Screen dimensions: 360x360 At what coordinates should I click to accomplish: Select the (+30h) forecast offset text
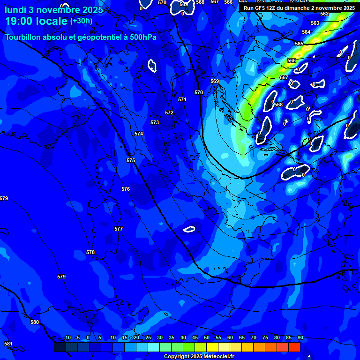tap(81, 21)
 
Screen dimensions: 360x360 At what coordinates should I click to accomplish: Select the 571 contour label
tap(182, 99)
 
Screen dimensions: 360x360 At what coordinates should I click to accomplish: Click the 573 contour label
tap(155, 122)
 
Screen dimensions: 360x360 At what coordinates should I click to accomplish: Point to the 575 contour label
tap(131, 160)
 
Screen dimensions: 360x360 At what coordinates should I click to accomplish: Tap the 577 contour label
tap(119, 229)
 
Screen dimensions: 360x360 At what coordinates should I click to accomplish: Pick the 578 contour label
tap(90, 252)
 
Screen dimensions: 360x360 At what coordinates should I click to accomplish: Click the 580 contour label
tap(35, 322)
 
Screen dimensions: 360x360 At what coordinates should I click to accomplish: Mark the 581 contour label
tap(8, 344)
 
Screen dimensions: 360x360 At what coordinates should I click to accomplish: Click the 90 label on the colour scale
tap(300, 337)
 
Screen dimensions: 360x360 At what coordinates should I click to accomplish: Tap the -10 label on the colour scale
tap(67, 337)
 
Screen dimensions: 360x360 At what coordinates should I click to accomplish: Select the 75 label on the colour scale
tap(265, 337)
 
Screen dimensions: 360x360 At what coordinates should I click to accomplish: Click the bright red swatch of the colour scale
tap(294, 347)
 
